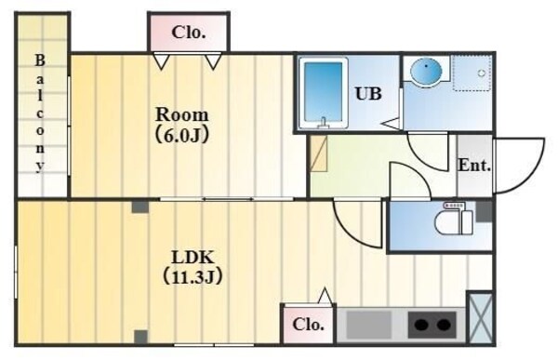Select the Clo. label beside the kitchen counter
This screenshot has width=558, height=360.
[309, 325]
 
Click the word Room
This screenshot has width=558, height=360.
[182, 114]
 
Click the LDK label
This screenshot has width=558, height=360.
[193, 257]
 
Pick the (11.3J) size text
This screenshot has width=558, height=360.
[193, 276]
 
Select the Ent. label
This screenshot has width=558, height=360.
[474, 166]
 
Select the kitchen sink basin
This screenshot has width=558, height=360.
[369, 325]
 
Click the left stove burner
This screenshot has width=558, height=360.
[421, 326]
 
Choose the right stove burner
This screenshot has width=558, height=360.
[445, 326]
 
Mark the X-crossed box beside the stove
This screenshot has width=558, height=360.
[481, 318]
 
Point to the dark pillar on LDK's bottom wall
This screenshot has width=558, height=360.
[139, 337]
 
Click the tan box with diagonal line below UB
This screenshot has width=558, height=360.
[319, 153]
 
